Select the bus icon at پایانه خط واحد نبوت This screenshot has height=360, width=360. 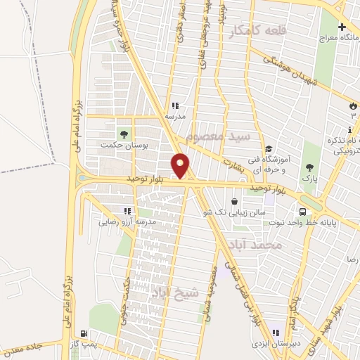tap(302, 212)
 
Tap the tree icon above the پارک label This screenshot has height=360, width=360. tap(310, 167)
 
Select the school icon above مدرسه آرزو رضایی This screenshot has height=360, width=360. tap(127, 211)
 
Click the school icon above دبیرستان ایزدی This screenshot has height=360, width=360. tap(276, 333)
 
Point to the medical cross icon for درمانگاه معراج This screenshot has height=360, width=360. tap(342, 28)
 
